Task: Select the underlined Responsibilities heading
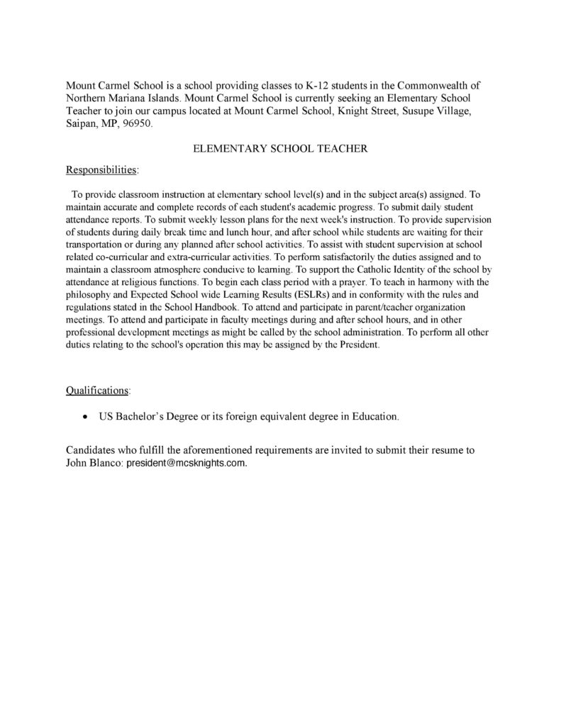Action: click(x=102, y=170)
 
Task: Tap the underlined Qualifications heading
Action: click(x=98, y=390)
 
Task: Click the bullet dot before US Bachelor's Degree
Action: click(x=86, y=417)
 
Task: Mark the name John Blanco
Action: click(x=93, y=462)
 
